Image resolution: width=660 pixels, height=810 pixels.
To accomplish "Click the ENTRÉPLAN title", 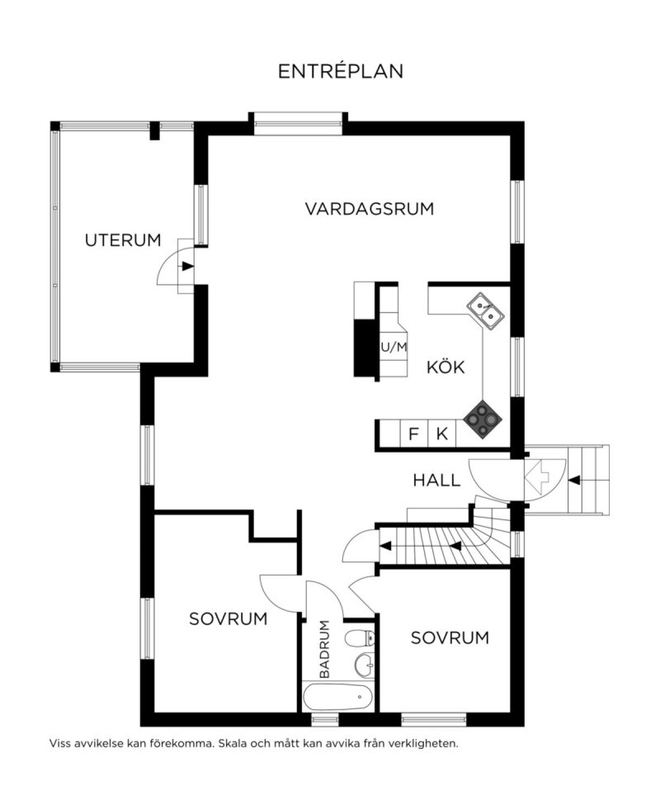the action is click(340, 72).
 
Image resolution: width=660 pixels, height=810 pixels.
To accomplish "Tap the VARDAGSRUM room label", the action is click(370, 209).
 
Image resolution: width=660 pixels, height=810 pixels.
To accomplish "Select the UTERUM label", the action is click(123, 240).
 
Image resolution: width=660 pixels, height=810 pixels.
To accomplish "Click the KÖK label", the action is click(446, 367).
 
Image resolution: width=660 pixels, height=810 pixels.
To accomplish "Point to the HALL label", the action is click(437, 480).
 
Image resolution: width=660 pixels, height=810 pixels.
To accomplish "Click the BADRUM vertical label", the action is click(324, 649).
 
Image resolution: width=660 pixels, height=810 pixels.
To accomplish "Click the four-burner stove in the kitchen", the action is click(482, 419).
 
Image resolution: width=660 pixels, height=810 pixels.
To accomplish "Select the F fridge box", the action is click(414, 434).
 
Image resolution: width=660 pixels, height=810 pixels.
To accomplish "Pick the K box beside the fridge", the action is click(442, 434).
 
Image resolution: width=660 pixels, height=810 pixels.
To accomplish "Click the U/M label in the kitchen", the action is click(394, 347).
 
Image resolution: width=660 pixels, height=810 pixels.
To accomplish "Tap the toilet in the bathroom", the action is click(360, 638).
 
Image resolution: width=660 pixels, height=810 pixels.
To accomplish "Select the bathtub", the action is click(338, 697).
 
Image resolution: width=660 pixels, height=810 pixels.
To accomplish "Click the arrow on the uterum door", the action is click(188, 266).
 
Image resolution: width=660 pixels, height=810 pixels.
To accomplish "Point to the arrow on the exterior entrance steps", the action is click(574, 480).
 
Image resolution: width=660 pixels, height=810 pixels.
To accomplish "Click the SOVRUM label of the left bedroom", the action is click(228, 619).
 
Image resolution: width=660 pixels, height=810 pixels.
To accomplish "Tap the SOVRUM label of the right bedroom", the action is click(449, 638).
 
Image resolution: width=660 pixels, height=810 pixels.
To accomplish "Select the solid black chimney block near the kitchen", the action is click(364, 348).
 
